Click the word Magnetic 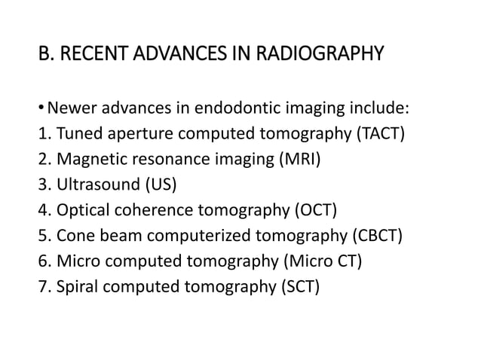[85, 160]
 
